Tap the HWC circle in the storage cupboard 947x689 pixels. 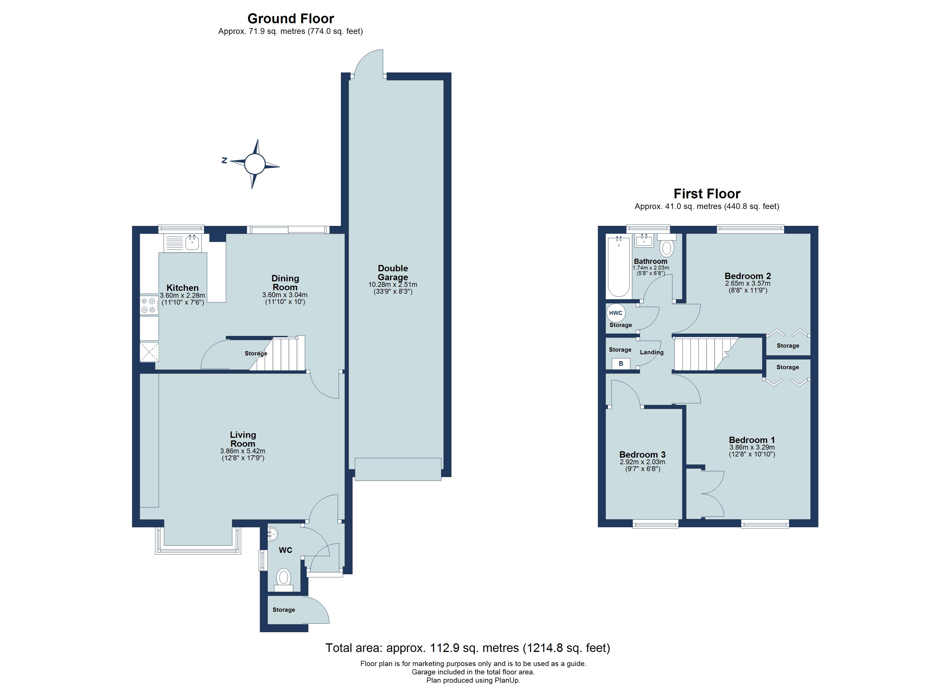click(616, 313)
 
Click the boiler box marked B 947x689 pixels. click(621, 363)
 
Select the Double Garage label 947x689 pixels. click(393, 273)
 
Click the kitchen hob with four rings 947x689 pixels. click(149, 305)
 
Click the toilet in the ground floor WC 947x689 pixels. click(284, 578)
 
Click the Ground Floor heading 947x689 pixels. click(291, 19)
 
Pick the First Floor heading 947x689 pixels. click(707, 194)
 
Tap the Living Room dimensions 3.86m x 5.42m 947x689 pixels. click(242, 451)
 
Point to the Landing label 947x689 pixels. click(651, 352)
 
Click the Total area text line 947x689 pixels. click(468, 648)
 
